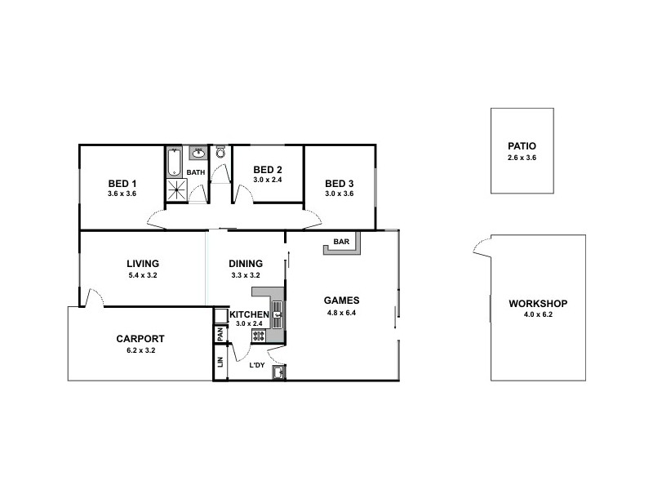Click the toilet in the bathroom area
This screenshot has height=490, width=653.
point(220,153)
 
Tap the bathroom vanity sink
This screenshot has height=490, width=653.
point(198,154)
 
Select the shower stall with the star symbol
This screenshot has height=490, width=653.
point(176,190)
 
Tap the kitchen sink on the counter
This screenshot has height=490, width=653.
point(277,310)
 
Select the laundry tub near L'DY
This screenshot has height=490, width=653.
point(278,372)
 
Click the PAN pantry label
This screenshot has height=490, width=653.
point(220,334)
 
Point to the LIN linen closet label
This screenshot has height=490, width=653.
point(220,362)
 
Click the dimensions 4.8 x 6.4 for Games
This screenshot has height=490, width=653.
point(342,311)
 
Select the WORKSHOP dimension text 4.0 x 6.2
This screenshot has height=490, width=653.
point(537,314)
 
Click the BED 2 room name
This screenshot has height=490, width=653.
point(267,169)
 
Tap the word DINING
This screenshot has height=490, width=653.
point(245,264)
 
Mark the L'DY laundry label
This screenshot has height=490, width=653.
point(256,365)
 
